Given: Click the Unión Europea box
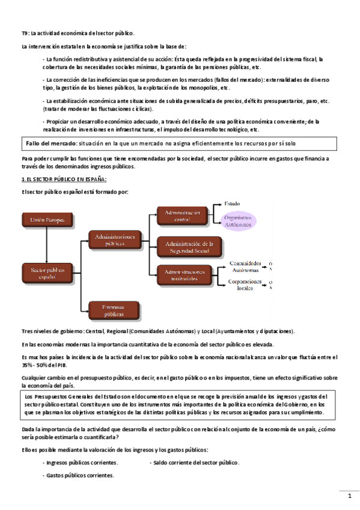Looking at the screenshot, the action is click(46, 221).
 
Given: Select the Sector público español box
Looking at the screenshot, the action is click(46, 274).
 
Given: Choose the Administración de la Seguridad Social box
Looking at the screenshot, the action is click(189, 247).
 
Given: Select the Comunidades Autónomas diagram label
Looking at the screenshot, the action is click(246, 266).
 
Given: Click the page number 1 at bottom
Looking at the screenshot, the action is click(350, 496).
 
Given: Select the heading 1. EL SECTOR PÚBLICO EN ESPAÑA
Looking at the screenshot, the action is click(64, 179).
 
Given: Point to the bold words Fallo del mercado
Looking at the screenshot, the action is click(51, 144).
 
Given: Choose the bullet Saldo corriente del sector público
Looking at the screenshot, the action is click(196, 462).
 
